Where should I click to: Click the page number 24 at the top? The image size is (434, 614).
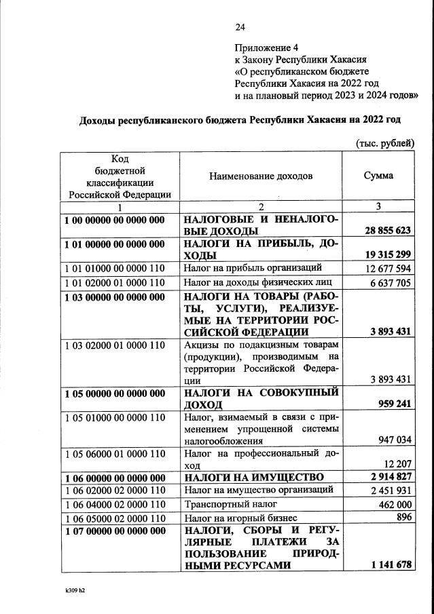(240, 28)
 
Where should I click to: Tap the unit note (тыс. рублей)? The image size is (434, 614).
(385, 143)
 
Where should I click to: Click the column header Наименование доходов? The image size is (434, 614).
(261, 176)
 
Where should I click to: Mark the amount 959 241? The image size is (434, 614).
(394, 404)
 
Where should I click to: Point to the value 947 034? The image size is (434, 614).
(394, 440)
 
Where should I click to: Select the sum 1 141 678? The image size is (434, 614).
(388, 565)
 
